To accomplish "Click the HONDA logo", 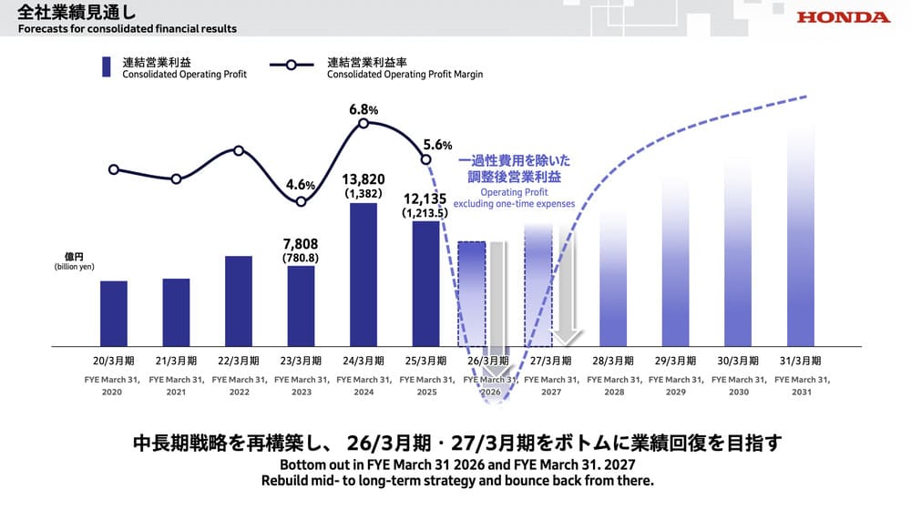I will tap(843, 17).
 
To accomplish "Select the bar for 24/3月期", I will tap(363, 274).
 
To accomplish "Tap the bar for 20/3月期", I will tap(114, 313).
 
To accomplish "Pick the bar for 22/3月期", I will tap(239, 301).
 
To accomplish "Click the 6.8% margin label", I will tap(363, 110).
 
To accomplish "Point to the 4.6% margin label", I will tap(301, 184).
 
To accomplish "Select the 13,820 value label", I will tap(363, 179).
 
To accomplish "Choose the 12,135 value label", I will tap(426, 198).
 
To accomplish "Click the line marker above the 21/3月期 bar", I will tap(176, 178).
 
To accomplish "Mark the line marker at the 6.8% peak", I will tap(363, 123).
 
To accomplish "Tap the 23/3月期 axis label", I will tap(301, 360).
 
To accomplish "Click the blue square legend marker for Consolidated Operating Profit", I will tap(107, 65).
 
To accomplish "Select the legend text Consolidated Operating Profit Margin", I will tap(404, 75).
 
